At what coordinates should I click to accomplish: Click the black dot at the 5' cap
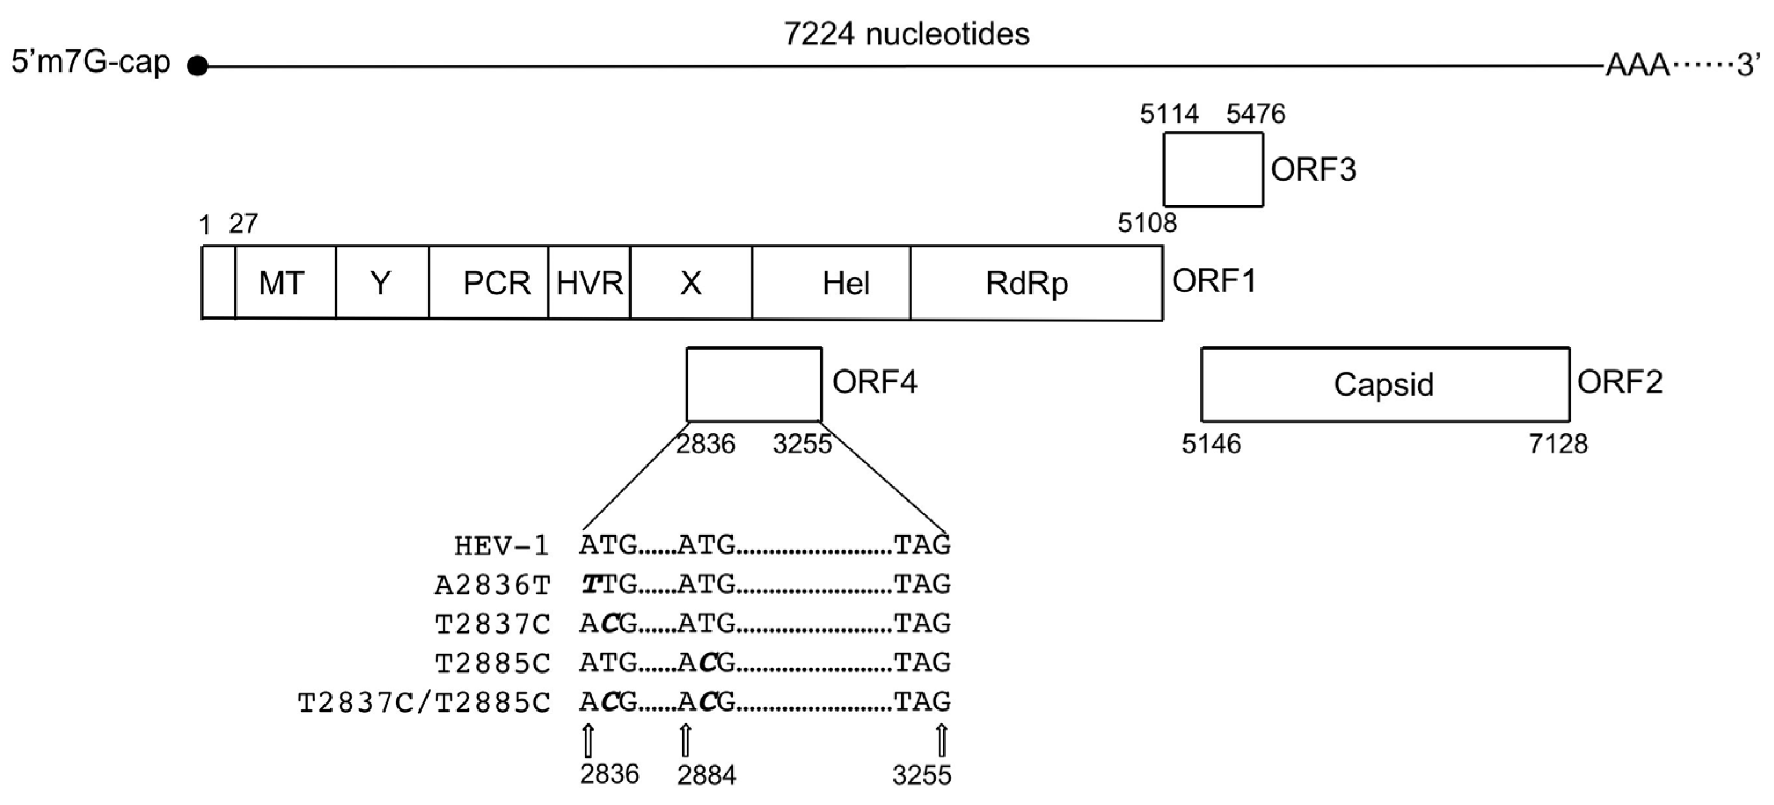tap(198, 66)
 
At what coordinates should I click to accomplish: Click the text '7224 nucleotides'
tap(906, 34)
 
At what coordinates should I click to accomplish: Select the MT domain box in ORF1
tap(284, 283)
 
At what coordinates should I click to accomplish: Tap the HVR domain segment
tap(589, 283)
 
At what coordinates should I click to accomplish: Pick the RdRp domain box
tap(1036, 283)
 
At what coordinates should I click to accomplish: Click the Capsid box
tap(1385, 384)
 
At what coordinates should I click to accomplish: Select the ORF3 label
tap(1313, 170)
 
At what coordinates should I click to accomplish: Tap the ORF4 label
tap(875, 382)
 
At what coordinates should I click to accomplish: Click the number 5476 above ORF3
tap(1255, 114)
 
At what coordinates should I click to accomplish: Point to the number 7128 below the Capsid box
tap(1558, 444)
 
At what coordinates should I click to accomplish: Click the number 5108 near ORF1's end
tap(1147, 222)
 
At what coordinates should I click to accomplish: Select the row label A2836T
tap(493, 586)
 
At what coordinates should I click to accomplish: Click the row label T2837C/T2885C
tap(424, 703)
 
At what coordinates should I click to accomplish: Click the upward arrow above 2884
tap(685, 741)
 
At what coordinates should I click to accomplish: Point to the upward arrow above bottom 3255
tap(941, 741)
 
